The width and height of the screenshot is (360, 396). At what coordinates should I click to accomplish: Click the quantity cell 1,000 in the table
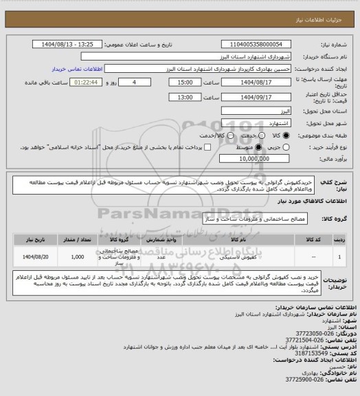point(78,256)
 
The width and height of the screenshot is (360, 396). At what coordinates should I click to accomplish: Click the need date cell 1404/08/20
point(32,256)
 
